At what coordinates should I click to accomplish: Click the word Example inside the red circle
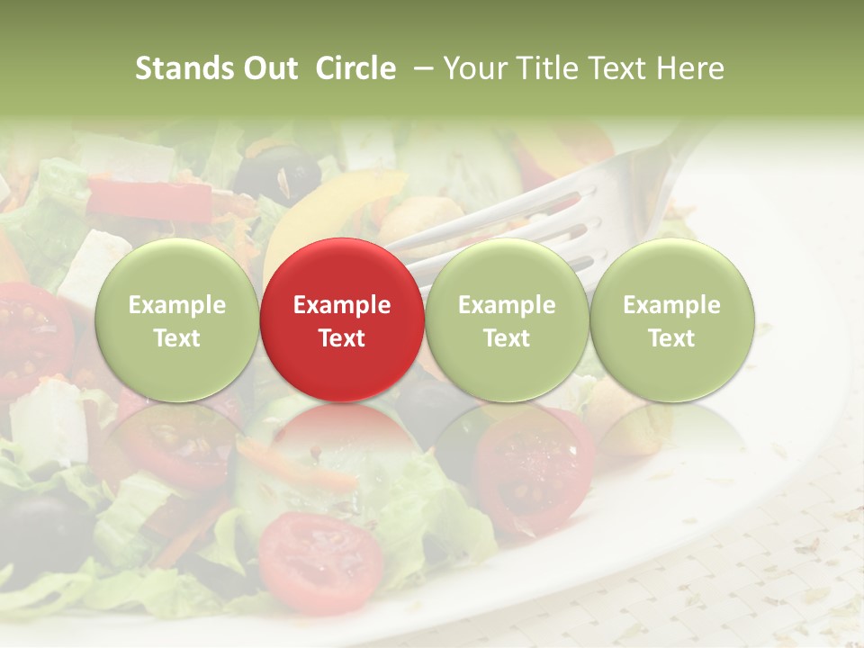point(341,305)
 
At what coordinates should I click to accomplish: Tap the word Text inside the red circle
point(341,338)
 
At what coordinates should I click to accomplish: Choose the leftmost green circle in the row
point(176,319)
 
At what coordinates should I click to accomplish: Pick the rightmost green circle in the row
point(671,319)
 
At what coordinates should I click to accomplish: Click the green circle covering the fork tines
point(506,319)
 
